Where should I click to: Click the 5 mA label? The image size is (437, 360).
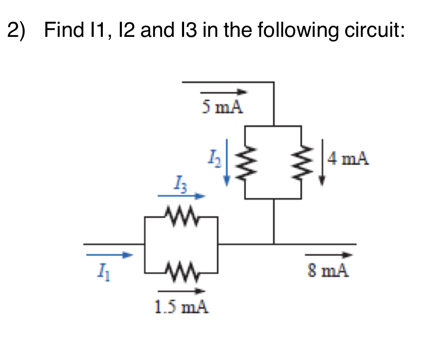coord(222,107)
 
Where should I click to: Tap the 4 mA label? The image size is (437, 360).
coord(347,159)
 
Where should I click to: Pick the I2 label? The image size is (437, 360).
coord(212,159)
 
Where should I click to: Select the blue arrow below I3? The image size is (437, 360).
coord(181,196)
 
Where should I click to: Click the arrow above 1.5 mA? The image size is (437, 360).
coord(181,291)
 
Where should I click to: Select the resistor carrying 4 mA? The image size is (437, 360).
coord(301,162)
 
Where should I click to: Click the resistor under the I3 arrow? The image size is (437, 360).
coord(181,215)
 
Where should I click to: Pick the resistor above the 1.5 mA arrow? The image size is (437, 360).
coord(181,272)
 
